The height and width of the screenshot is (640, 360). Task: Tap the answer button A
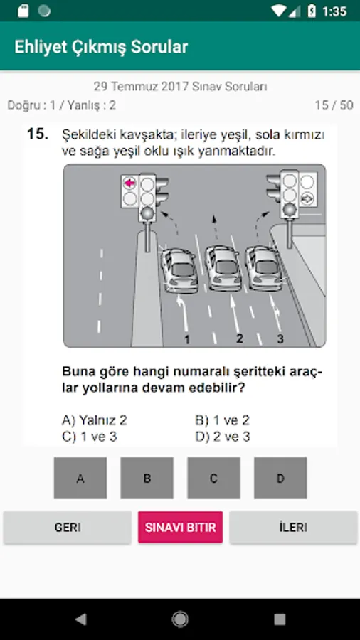[80, 478]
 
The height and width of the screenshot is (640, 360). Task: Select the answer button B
[147, 478]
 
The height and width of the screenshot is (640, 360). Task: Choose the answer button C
[214, 478]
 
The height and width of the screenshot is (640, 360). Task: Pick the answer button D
[280, 478]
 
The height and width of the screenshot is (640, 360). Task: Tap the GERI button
[68, 528]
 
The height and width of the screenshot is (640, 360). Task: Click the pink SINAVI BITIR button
[181, 528]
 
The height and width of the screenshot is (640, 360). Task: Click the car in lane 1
[179, 270]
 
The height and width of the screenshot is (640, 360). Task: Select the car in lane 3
[264, 268]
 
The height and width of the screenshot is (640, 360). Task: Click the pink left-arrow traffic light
[129, 183]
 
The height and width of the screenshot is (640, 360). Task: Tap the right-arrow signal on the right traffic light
[307, 198]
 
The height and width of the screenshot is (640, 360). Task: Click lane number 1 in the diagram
[187, 340]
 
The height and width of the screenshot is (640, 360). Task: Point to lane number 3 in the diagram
[280, 338]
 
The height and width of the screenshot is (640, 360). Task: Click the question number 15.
[38, 134]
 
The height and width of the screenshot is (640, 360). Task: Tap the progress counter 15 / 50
[334, 105]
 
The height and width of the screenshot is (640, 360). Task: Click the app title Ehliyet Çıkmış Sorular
[101, 47]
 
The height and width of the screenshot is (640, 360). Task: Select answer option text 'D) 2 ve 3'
[223, 437]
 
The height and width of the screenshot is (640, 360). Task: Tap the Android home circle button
[180, 619]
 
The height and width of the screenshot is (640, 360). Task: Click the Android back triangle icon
[81, 619]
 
